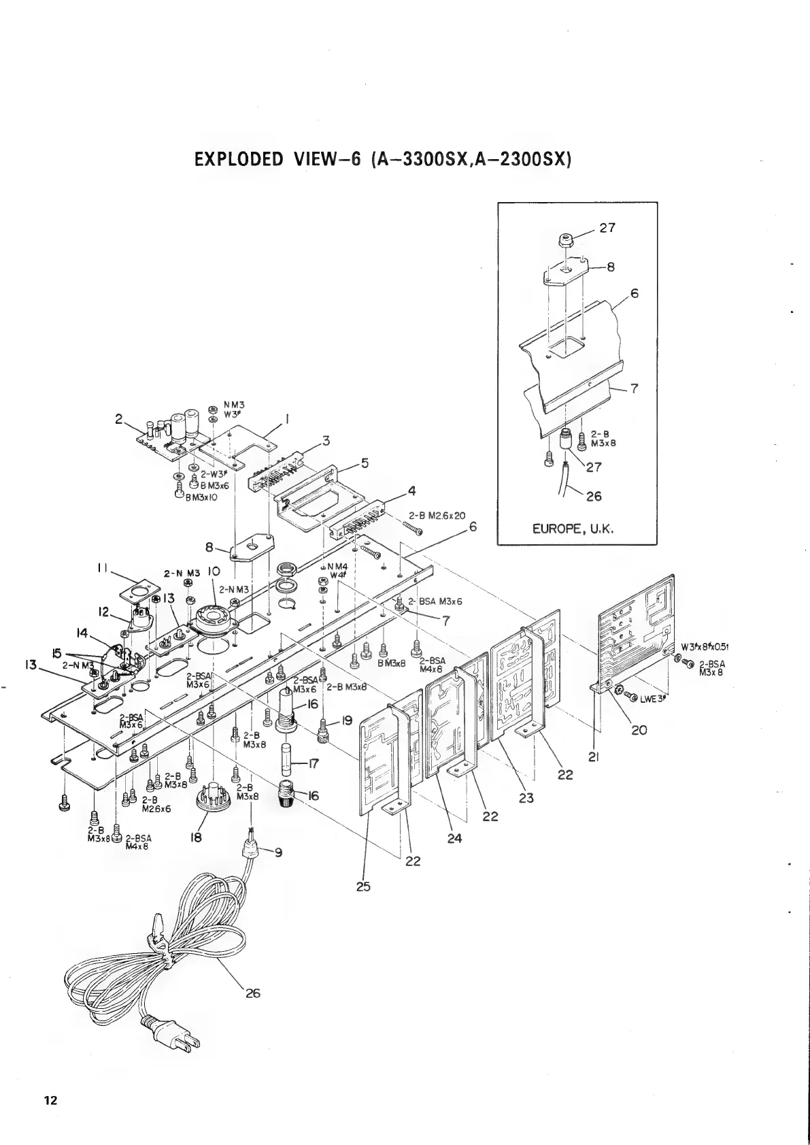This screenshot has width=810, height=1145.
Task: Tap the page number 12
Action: (50, 1101)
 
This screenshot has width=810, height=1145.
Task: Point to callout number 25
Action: (363, 886)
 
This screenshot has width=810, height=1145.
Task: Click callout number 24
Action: (454, 838)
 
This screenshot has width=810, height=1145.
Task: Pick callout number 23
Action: (526, 798)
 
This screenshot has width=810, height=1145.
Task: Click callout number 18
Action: (197, 838)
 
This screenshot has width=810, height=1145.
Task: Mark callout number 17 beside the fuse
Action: (314, 764)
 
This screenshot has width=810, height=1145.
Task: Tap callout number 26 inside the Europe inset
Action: (594, 496)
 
